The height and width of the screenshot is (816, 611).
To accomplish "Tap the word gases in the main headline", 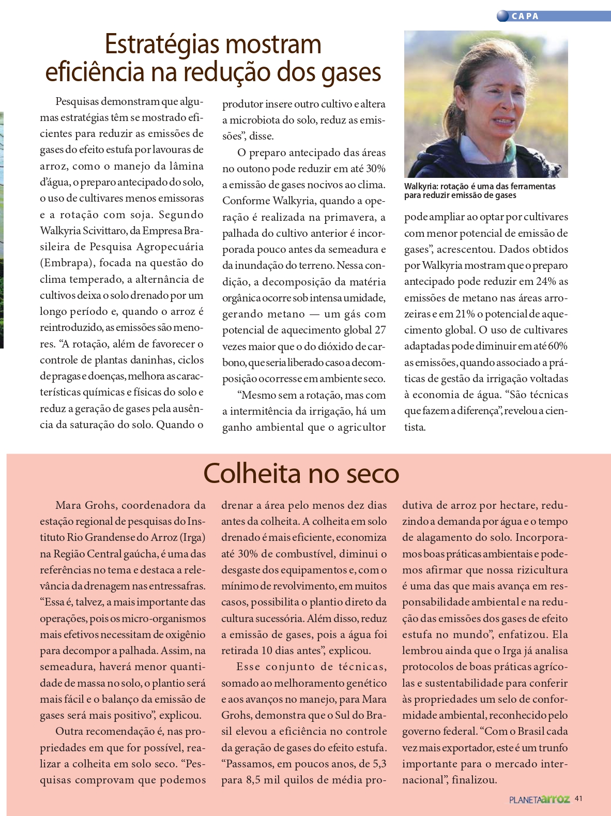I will point(352,72).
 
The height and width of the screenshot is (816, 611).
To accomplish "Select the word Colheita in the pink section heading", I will point(252,473).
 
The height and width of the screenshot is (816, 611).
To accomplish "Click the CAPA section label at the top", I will point(525,17).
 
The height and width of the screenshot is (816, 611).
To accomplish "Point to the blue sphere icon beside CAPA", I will point(502,16).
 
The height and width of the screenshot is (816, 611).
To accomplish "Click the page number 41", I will point(578,798).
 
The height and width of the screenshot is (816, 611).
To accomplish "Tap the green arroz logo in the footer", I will point(555,799).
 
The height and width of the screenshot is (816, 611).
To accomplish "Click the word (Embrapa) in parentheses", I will point(67,263).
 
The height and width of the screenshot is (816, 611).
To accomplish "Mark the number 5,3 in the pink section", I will point(379,764).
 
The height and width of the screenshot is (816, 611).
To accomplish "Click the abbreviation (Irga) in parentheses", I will point(192,537).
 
